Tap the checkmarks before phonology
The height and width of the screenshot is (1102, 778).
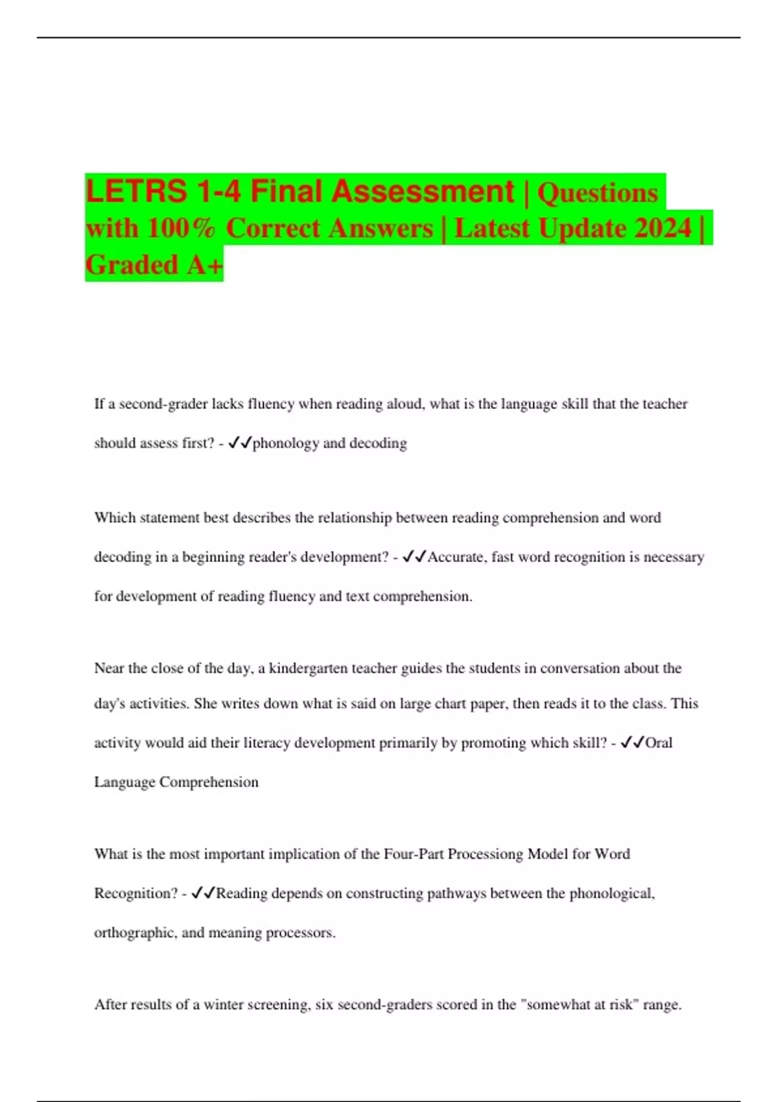tap(240, 443)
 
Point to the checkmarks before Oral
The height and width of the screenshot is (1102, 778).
tap(632, 743)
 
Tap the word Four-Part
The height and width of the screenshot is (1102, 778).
tap(414, 854)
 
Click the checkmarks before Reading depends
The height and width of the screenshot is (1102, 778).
tap(204, 893)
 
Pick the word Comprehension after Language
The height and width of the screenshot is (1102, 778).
tap(209, 782)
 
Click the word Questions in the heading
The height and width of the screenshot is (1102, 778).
tap(598, 193)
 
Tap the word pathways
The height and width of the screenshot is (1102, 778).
tap(454, 893)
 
